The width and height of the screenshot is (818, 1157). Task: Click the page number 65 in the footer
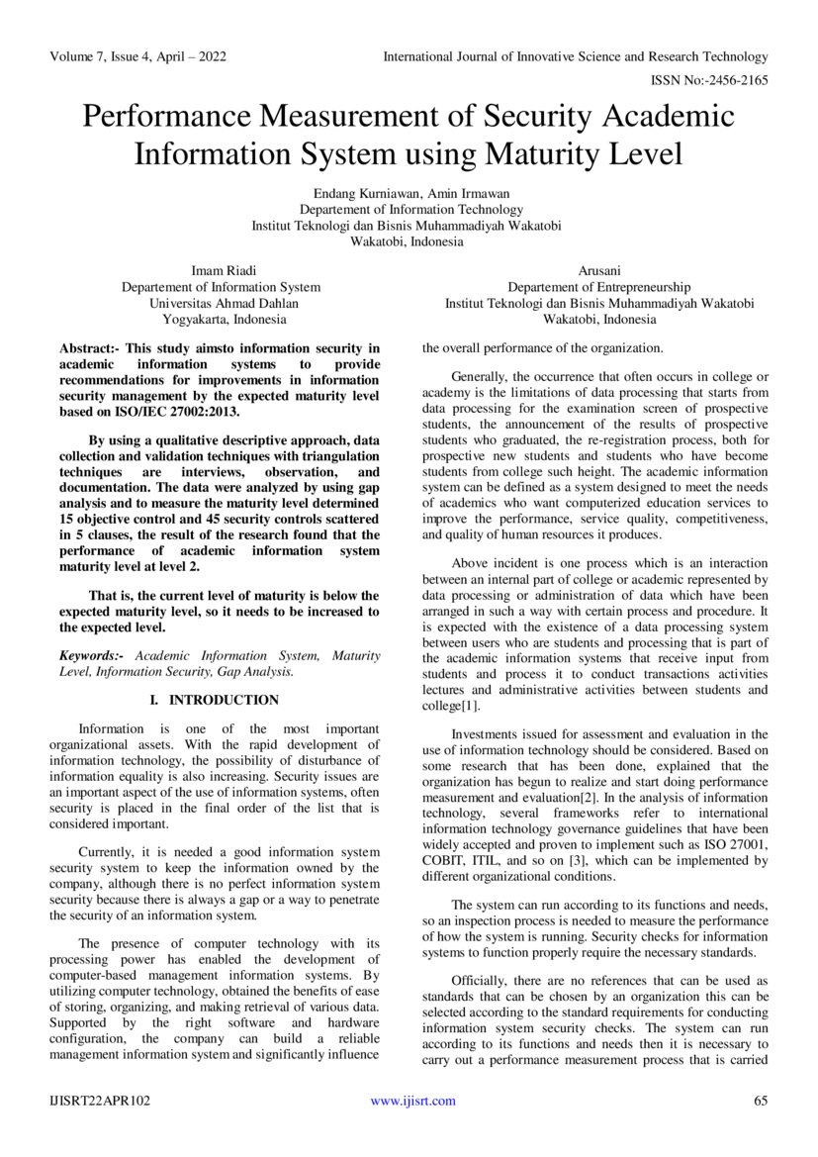(x=761, y=1101)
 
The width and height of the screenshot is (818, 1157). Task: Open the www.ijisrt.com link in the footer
(x=412, y=1101)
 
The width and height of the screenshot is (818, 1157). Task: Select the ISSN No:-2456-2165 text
(x=708, y=80)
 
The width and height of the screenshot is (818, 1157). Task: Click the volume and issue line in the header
(x=137, y=57)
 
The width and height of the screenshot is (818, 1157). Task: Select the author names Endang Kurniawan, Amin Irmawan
(x=407, y=193)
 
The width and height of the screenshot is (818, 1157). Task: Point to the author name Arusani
(x=598, y=270)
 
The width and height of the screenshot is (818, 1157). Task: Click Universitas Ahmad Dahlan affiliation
(x=224, y=303)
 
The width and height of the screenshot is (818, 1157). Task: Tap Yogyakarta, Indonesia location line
(x=225, y=319)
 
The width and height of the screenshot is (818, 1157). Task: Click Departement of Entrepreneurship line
(x=598, y=287)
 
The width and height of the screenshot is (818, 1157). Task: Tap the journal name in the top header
(x=575, y=57)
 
